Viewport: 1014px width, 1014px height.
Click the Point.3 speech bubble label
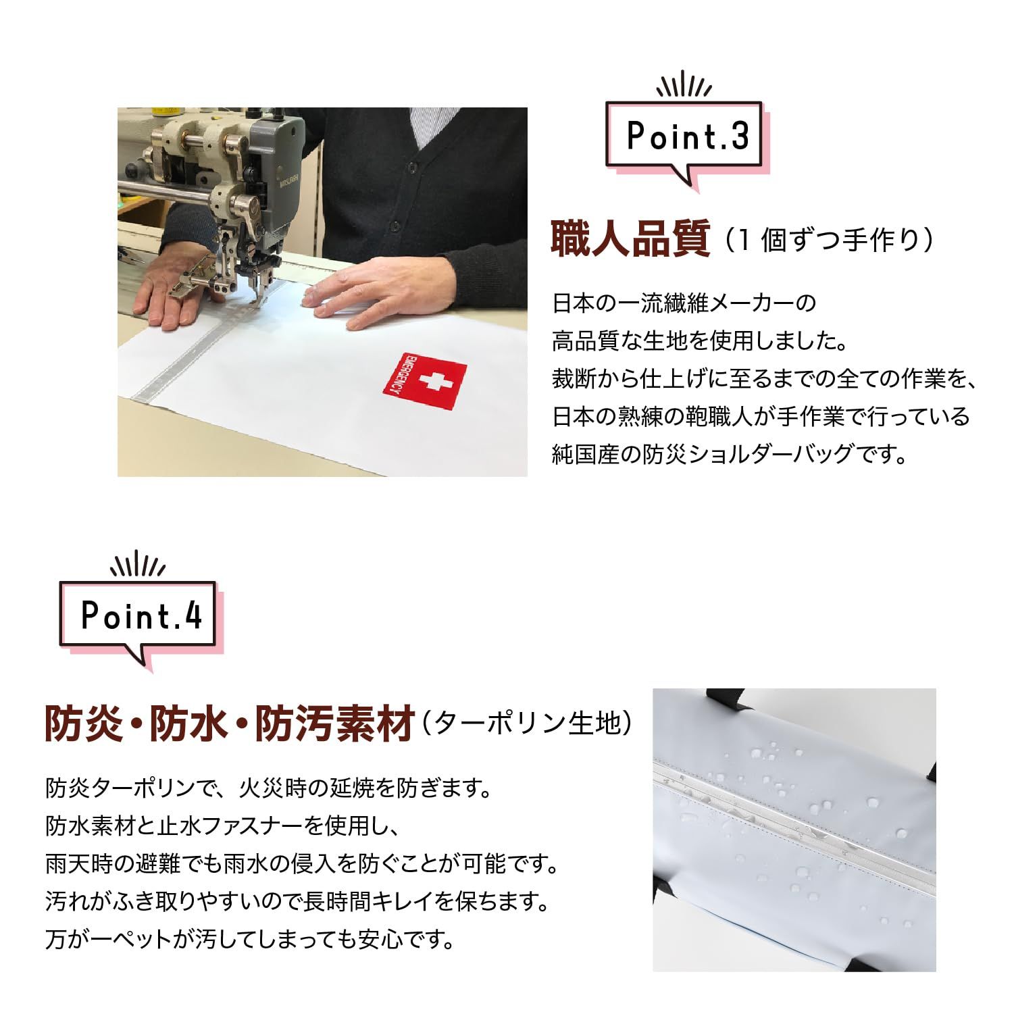[x=688, y=136]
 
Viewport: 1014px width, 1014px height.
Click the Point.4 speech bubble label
[x=141, y=616]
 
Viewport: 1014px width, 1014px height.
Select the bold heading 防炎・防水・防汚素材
[x=229, y=724]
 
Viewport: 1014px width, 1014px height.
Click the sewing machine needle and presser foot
[x=260, y=284]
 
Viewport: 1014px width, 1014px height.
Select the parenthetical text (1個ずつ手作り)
[x=828, y=240]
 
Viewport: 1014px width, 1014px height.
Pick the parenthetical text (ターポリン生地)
[x=527, y=724]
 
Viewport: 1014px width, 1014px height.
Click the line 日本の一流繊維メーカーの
[x=684, y=303]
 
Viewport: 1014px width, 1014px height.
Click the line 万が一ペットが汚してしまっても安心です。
[x=250, y=939]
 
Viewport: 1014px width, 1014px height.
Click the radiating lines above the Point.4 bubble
[x=138, y=565]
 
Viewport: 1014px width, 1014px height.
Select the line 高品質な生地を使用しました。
[x=700, y=340]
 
